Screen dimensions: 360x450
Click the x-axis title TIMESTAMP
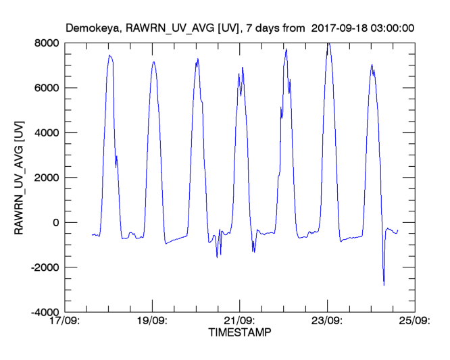point(239,332)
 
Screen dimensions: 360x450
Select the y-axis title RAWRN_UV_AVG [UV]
point(20,177)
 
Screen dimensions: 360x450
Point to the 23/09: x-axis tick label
point(327,322)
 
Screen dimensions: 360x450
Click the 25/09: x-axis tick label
point(414,322)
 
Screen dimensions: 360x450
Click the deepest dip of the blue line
point(384,285)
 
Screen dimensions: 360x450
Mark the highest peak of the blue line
point(328,43)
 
